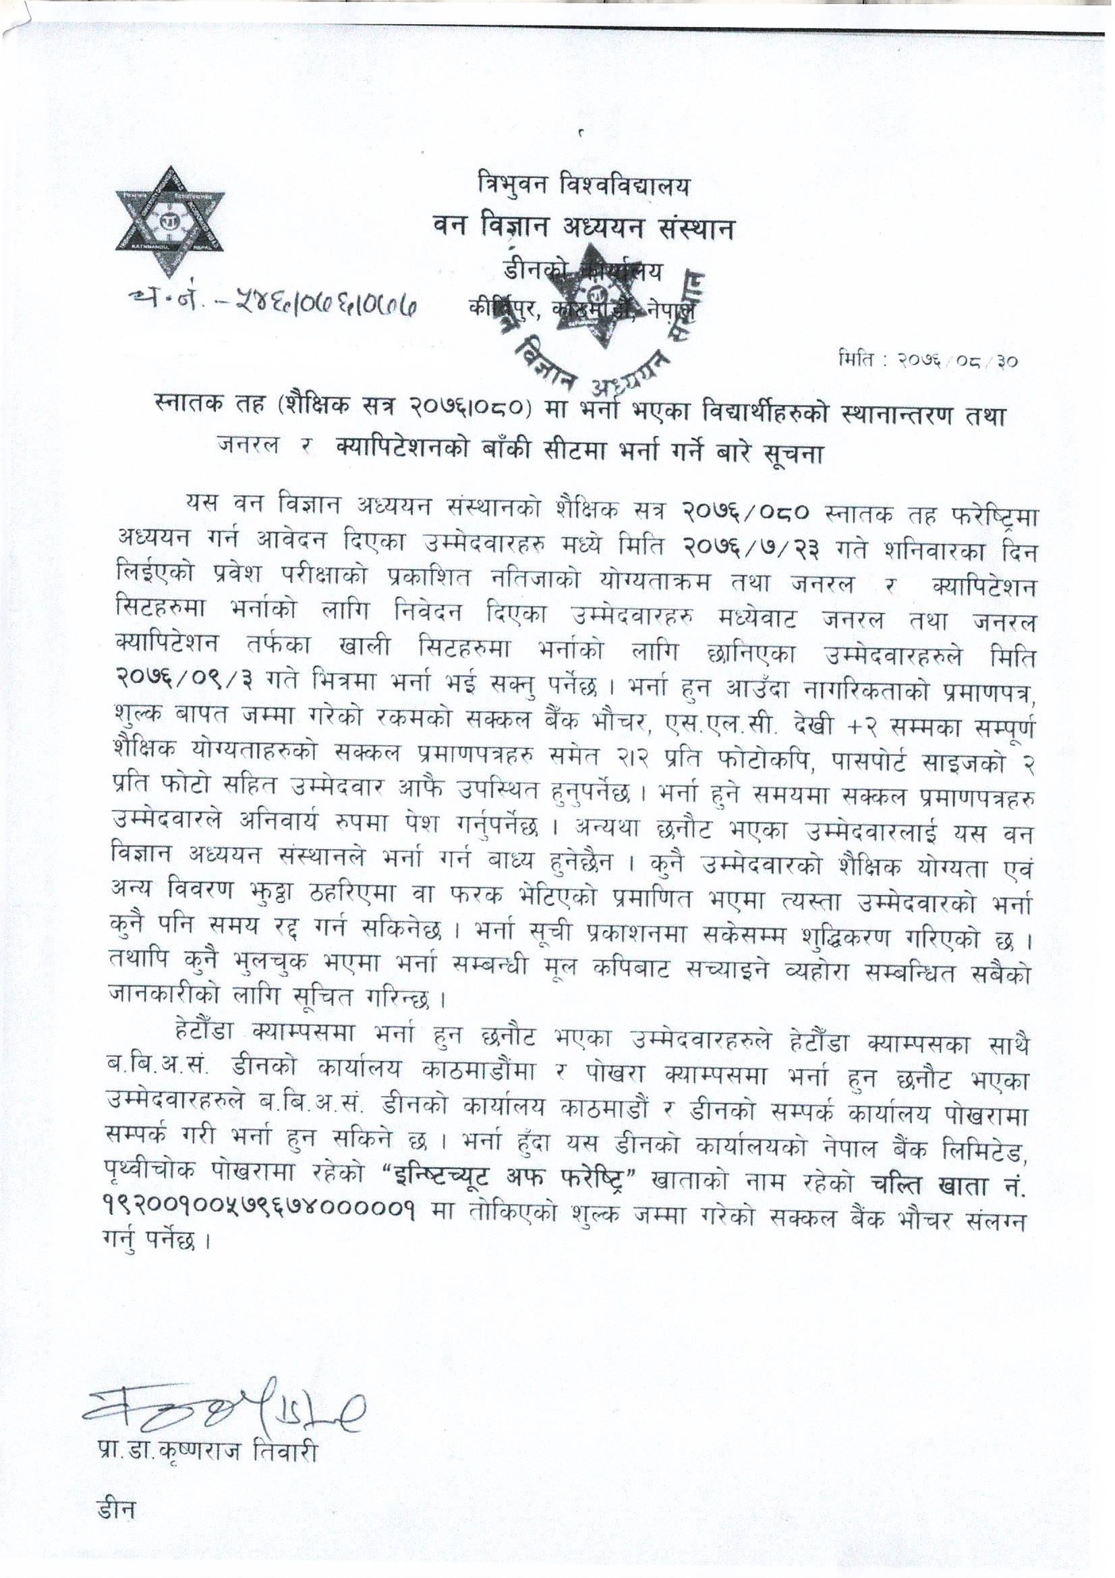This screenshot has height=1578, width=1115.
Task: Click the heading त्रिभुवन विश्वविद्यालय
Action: (x=583, y=186)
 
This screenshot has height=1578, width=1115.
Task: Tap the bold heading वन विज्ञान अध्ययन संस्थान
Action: (x=583, y=228)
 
